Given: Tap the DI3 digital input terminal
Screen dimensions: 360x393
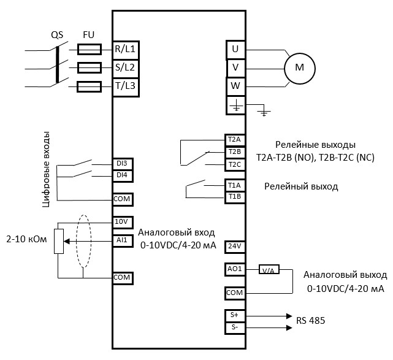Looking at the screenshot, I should tap(123, 164).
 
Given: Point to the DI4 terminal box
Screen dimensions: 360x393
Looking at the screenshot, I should tap(123, 175).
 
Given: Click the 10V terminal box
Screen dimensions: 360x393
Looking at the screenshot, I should tap(123, 221).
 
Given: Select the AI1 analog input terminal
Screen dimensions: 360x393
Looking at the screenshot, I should tap(123, 240).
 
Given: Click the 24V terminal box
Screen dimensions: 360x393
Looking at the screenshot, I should tap(235, 246).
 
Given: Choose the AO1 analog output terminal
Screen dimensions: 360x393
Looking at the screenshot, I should tap(235, 269).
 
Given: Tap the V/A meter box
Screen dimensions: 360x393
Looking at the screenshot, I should tap(268, 270).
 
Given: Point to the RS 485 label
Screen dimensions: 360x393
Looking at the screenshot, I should tap(311, 320).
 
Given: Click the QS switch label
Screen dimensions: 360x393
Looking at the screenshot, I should tap(57, 35).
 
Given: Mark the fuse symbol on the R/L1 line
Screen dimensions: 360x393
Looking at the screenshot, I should tap(90, 48).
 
